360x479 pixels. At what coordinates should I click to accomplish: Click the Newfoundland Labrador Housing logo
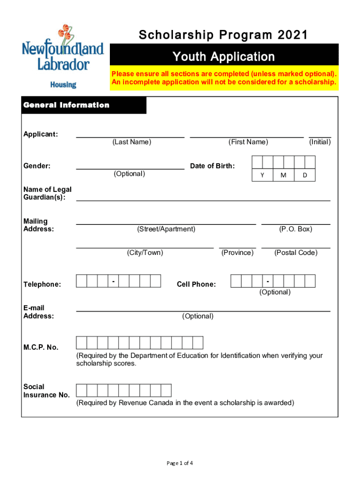(x=63, y=56)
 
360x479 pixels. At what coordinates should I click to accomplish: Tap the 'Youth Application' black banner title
(x=223, y=57)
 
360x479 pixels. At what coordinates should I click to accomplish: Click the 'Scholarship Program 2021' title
(x=223, y=35)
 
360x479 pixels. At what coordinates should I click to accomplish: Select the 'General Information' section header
(x=66, y=105)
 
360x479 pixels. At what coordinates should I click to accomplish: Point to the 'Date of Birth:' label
(x=212, y=166)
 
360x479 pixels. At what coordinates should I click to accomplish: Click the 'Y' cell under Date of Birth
(x=262, y=175)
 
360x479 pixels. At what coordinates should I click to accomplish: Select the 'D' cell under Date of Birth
(x=305, y=175)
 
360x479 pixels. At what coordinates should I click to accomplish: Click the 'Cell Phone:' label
(x=196, y=284)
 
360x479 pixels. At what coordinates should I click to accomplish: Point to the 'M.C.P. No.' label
(x=41, y=347)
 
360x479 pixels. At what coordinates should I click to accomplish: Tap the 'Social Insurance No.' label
(x=46, y=391)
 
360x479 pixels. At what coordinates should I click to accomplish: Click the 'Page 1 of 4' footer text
(x=180, y=463)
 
